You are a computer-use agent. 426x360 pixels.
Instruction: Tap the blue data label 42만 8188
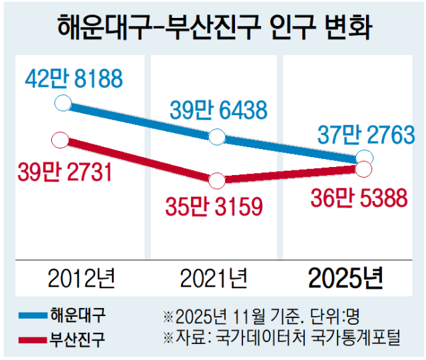[74, 79]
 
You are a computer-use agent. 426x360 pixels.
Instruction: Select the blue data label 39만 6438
[218, 109]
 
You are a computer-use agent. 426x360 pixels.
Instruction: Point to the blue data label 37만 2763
[357, 136]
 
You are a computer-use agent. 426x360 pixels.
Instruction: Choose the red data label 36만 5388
[358, 198]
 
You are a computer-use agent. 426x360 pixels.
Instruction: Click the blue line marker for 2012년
[61, 103]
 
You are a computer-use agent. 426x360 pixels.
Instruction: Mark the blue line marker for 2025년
[365, 158]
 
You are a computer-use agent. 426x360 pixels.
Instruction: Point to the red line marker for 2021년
[216, 180]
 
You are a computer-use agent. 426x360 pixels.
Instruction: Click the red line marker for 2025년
[364, 170]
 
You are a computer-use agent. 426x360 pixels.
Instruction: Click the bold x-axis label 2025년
[346, 277]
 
